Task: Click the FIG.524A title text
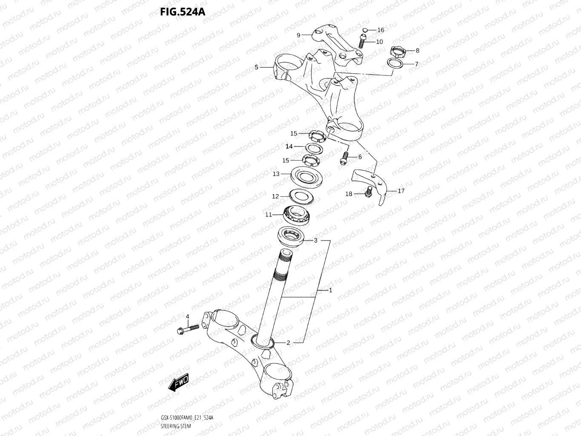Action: tap(183, 11)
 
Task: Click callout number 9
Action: tap(298, 35)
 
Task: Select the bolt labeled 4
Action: tap(187, 329)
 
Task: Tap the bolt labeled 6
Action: tap(344, 158)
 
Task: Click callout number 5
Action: tap(256, 67)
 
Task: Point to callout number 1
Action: tap(330, 290)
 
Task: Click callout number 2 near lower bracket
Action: tap(288, 343)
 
